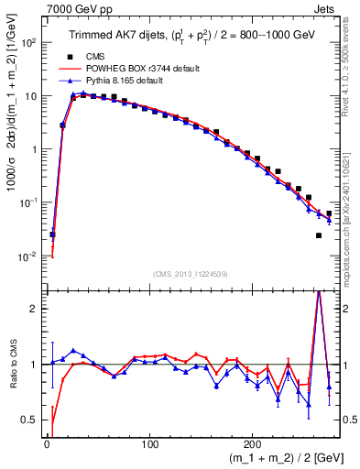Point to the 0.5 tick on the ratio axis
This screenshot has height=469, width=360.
click(30, 420)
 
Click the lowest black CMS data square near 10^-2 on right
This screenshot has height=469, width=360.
click(319, 235)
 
